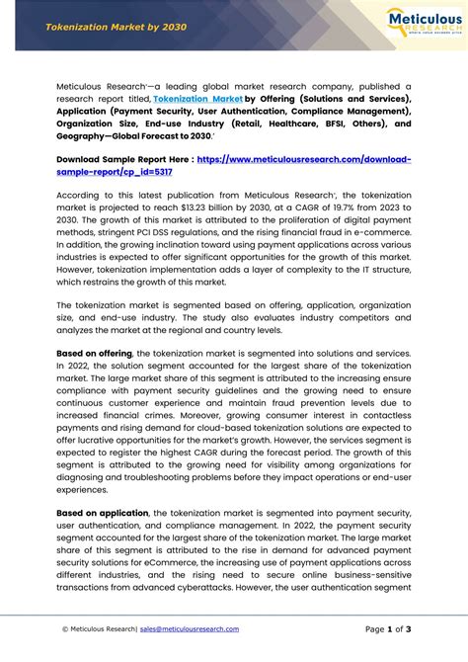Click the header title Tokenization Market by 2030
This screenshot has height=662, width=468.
[102, 28]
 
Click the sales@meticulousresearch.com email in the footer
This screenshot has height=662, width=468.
[190, 628]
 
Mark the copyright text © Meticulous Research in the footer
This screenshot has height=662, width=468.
[98, 628]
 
